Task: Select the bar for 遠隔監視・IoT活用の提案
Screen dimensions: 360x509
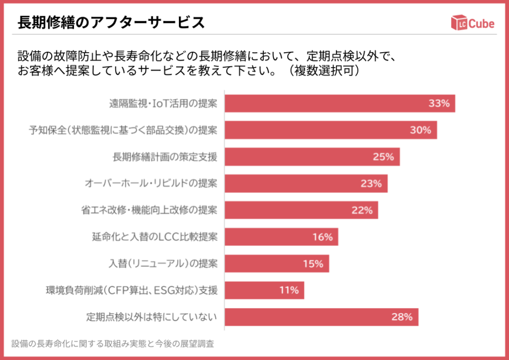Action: (x=339, y=103)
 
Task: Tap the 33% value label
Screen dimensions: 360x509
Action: (x=439, y=103)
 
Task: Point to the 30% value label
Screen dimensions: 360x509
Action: (x=421, y=130)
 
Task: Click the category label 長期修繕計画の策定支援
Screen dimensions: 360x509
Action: (x=165, y=157)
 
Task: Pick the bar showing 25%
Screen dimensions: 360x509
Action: (x=312, y=157)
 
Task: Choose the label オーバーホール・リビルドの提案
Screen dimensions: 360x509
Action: (x=151, y=183)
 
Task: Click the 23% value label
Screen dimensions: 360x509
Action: (x=371, y=183)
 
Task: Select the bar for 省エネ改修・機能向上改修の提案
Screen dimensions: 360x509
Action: (x=301, y=210)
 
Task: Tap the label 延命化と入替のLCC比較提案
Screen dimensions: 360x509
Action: (x=155, y=237)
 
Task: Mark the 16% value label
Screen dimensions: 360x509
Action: (x=322, y=237)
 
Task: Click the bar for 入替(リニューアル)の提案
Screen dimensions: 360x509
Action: (x=276, y=264)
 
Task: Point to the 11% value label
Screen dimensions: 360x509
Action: (x=289, y=290)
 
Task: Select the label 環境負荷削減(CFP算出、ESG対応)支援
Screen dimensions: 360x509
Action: (x=132, y=290)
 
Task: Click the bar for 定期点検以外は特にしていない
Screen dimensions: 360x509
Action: (x=321, y=317)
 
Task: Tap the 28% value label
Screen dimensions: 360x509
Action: (x=402, y=317)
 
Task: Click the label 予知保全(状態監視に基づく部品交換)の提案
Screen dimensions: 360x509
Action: (x=123, y=130)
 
